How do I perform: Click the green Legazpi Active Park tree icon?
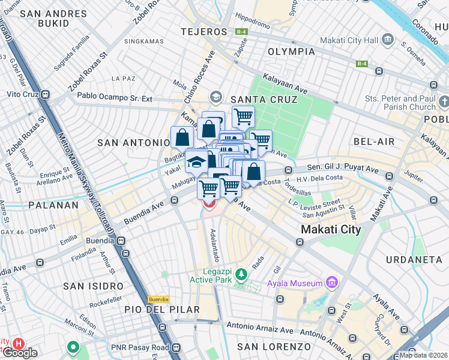241,274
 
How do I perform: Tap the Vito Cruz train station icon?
50,95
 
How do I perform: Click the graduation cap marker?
196,161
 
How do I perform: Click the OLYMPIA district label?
291,52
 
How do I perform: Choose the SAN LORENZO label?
274,347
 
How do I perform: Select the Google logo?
20,353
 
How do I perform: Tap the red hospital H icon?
19,344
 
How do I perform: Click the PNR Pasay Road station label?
139,347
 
